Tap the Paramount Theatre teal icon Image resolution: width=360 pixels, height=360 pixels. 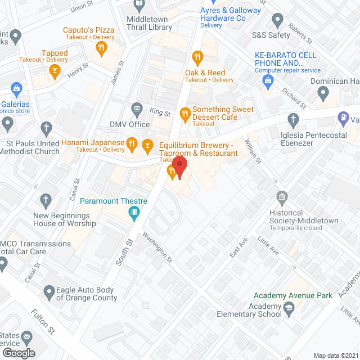134,212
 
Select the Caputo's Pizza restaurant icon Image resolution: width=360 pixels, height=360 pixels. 101,48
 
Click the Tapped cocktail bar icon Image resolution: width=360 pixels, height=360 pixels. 54,70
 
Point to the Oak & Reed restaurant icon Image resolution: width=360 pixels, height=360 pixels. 197,56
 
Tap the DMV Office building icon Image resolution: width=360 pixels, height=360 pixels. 136,108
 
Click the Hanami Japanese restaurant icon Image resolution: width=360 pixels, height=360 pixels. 131,143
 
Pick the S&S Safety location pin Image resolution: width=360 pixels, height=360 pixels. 277,21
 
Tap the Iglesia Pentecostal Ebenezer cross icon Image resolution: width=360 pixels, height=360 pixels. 292,119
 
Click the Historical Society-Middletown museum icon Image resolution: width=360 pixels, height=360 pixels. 281,197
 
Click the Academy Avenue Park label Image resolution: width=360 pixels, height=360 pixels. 292,295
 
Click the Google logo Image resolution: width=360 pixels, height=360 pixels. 18,353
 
